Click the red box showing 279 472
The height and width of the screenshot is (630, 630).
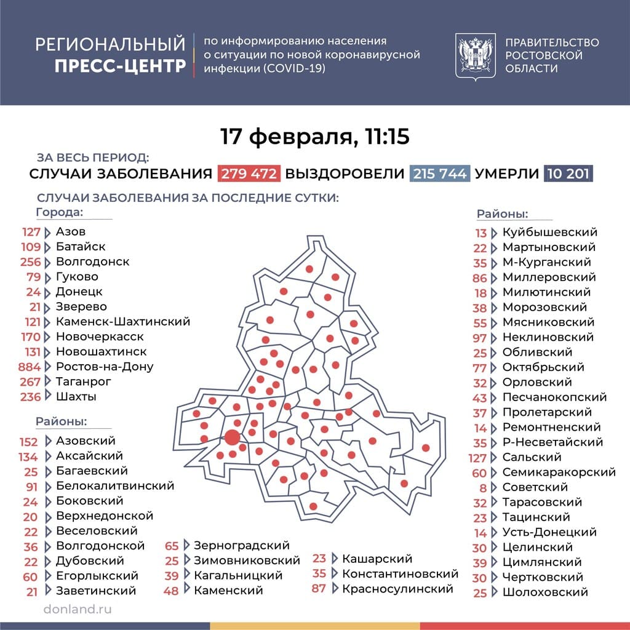tap(249, 173)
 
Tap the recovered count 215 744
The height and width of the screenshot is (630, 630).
tap(440, 173)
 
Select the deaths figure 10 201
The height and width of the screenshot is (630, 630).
tap(567, 173)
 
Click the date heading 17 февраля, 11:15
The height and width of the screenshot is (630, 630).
tap(315, 137)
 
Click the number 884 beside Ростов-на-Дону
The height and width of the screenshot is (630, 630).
tap(31, 367)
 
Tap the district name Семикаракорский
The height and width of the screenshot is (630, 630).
tap(559, 472)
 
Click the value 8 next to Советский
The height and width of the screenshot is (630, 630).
tap(483, 488)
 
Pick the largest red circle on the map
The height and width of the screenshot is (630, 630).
tap(232, 437)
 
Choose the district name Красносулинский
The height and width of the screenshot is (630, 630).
tap(397, 589)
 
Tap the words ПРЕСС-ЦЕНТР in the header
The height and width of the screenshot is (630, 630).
tap(120, 66)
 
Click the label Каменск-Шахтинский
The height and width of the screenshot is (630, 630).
tap(122, 322)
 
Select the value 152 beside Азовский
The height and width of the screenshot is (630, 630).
tap(28, 442)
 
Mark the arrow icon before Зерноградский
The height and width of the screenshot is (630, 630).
tap(187, 545)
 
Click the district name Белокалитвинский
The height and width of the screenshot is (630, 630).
tap(114, 486)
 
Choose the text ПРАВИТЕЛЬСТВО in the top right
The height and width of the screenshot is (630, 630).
tap(551, 42)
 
